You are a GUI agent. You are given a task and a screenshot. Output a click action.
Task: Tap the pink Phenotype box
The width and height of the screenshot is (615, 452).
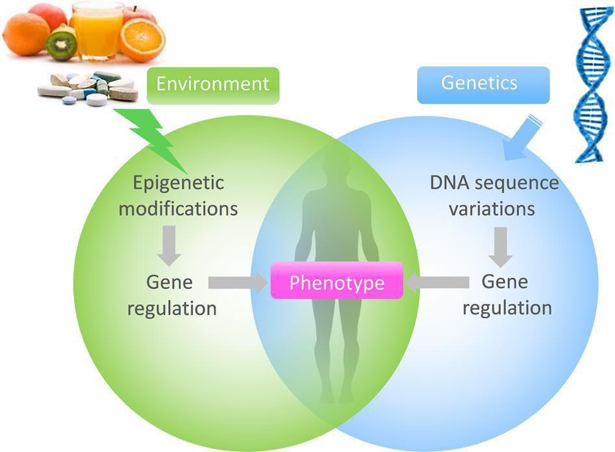336,283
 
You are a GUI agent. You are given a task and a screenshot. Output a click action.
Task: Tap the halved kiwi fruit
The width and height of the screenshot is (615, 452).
62,44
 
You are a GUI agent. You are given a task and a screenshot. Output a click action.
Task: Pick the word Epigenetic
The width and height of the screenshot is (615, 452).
178,183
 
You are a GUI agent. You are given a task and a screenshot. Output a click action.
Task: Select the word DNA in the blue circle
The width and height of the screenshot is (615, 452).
449,183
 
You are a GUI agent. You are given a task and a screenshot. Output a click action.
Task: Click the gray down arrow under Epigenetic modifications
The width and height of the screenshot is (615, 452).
169,244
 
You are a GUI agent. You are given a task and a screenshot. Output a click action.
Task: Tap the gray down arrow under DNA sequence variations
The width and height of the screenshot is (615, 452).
501,245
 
